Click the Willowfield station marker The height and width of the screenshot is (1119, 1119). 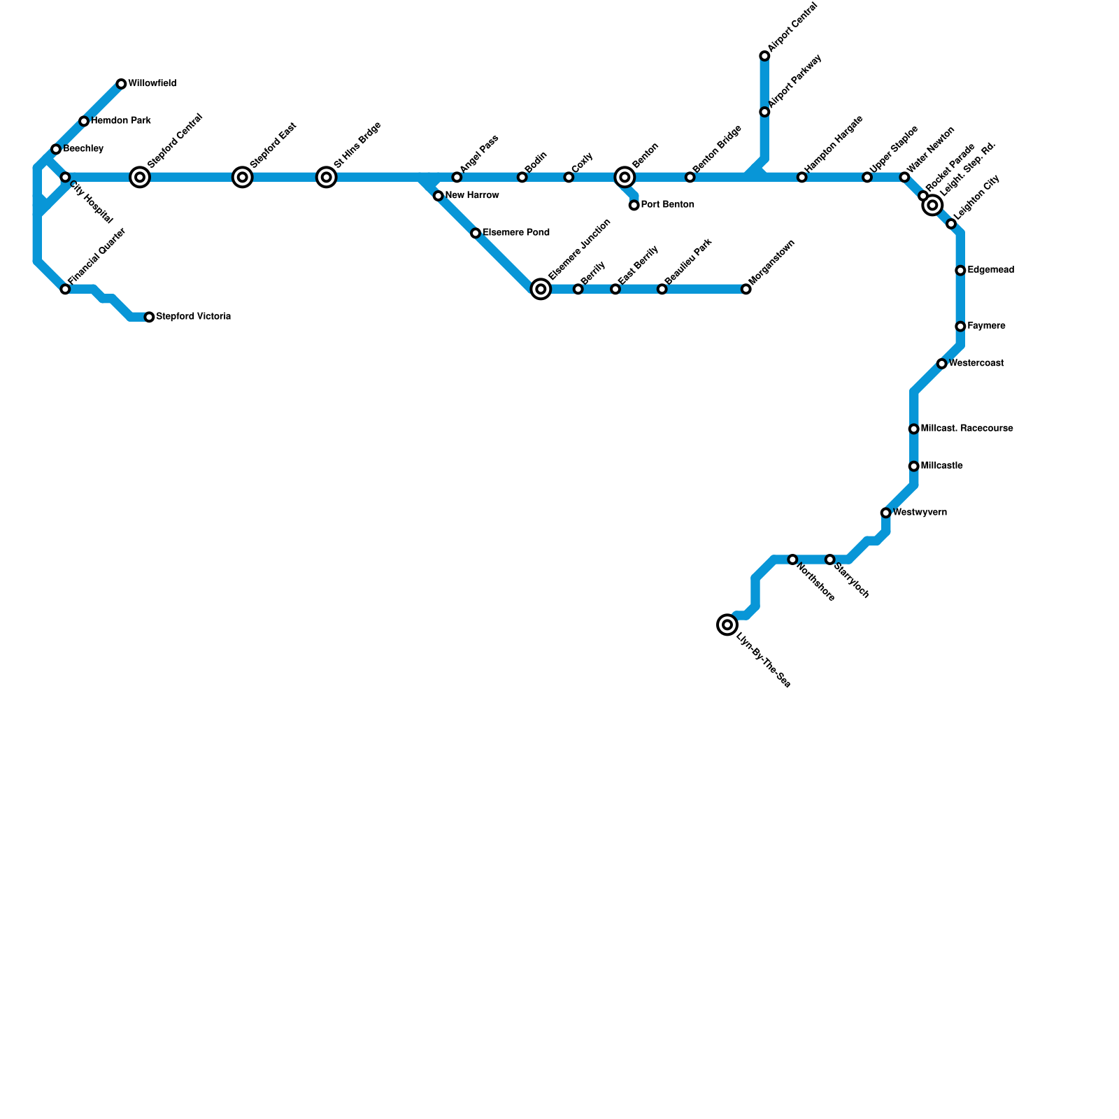click(121, 84)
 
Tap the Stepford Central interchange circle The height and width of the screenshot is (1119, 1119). click(140, 177)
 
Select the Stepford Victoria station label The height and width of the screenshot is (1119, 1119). click(193, 317)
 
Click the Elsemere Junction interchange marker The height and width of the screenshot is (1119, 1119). click(541, 289)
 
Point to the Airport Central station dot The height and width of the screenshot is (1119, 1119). click(764, 56)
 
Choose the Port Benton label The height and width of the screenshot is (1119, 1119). click(667, 205)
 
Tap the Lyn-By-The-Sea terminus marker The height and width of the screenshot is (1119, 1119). click(727, 625)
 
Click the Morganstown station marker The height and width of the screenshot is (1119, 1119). click(746, 289)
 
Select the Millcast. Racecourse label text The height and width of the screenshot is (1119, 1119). click(967, 428)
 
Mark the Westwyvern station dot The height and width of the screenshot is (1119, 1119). click(885, 513)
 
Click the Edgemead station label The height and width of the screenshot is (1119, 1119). click(990, 270)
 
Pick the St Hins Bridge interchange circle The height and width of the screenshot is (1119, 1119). click(327, 177)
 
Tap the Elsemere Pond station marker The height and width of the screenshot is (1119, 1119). click(476, 233)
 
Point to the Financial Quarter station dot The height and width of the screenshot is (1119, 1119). click(65, 289)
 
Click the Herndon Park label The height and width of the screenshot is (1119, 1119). click(121, 121)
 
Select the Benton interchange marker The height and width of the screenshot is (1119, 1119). click(625, 177)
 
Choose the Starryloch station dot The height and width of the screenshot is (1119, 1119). click(829, 559)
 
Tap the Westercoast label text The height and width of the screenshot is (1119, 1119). click(976, 364)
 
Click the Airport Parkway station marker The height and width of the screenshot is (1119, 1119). click(764, 112)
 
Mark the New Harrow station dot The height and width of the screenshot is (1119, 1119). click(438, 196)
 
